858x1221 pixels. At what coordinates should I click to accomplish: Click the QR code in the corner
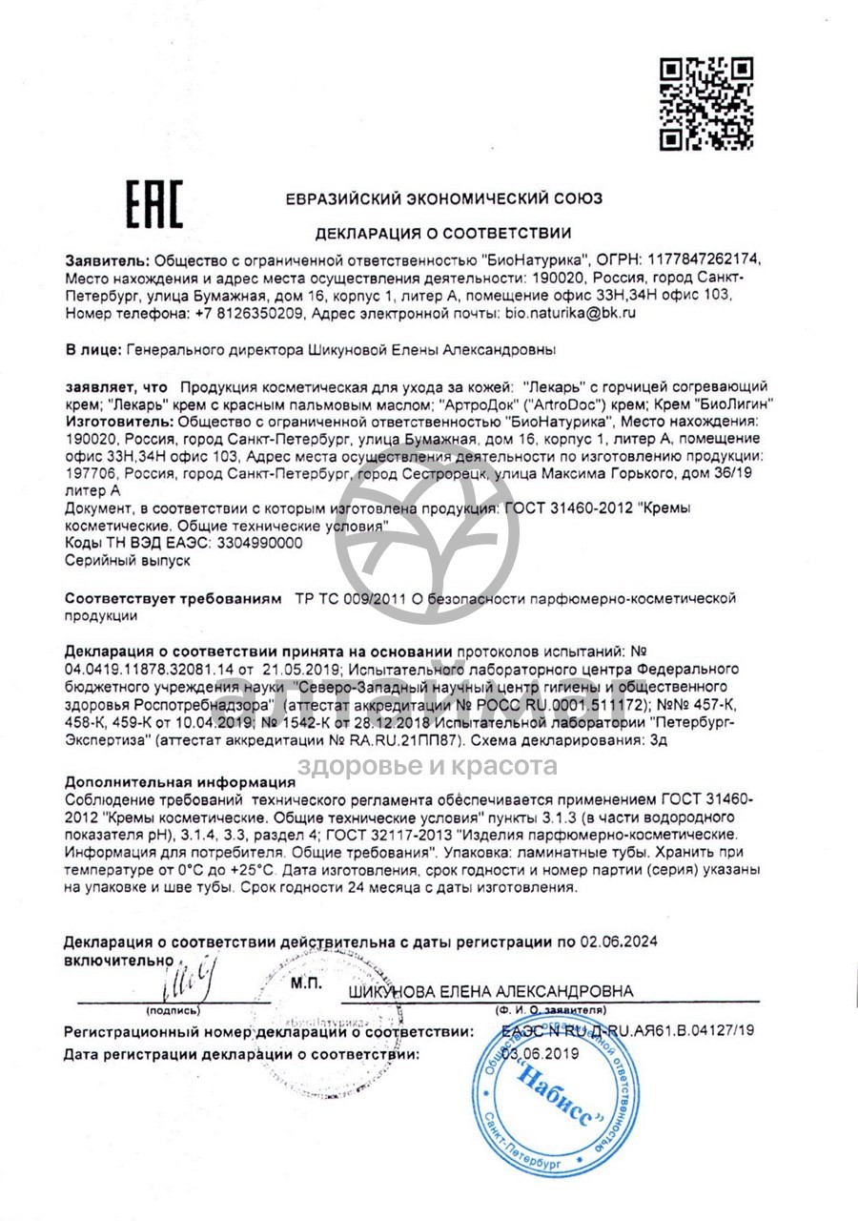(x=706, y=103)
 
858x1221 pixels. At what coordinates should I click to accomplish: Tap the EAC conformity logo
(x=155, y=204)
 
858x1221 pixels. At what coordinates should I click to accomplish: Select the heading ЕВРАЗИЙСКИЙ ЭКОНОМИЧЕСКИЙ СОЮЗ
(x=444, y=199)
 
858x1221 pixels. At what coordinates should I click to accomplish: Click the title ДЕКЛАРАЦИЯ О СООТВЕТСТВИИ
(x=444, y=233)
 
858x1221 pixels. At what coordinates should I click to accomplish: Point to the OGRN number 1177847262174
(x=705, y=259)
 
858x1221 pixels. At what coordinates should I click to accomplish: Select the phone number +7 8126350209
(x=250, y=312)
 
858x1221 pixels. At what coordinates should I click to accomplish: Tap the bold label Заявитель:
(x=107, y=259)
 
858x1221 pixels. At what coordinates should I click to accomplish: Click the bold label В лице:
(x=92, y=350)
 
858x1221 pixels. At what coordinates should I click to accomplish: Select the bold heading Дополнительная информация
(x=179, y=781)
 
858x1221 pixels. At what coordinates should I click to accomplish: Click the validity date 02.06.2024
(x=619, y=942)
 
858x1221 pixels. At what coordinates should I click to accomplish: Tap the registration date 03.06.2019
(x=541, y=1053)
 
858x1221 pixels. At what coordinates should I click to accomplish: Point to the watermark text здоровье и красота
(x=428, y=765)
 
